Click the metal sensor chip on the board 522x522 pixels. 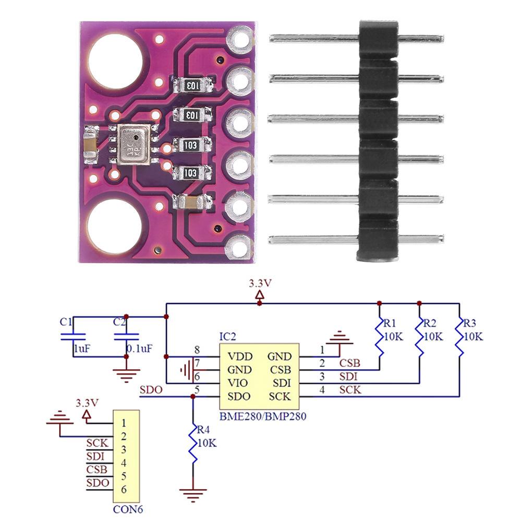coord(133,144)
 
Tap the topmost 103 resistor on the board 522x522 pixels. coord(192,86)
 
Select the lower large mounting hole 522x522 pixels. coord(114,226)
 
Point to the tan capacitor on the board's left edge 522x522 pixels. coord(90,145)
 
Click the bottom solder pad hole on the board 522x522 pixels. coord(240,245)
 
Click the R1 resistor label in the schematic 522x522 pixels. coord(391,323)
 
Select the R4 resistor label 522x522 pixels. coord(204,430)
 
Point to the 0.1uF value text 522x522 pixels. coord(139,348)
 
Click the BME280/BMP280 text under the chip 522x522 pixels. coord(262,416)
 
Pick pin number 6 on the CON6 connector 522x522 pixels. coord(124,489)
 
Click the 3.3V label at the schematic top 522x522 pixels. coord(260,284)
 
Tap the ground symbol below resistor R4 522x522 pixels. coord(193,492)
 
